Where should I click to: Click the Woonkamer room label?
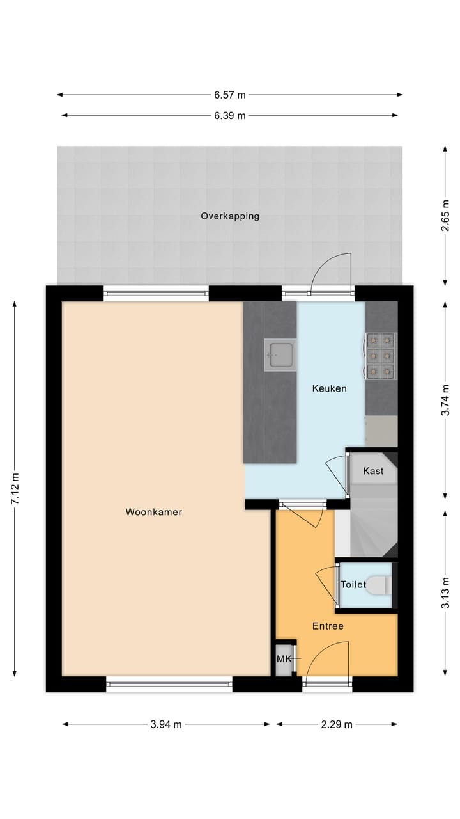pyautogui.click(x=154, y=512)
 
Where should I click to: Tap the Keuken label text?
pyautogui.click(x=329, y=388)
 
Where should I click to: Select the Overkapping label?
pyautogui.click(x=230, y=216)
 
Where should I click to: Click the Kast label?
pyautogui.click(x=373, y=471)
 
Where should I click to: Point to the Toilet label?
pyautogui.click(x=353, y=585)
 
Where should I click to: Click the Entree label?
pyautogui.click(x=328, y=626)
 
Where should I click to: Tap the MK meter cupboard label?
pyautogui.click(x=283, y=659)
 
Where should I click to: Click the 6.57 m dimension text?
pyautogui.click(x=230, y=95)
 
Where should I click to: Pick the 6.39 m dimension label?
pyautogui.click(x=230, y=116)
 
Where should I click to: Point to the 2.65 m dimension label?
pyautogui.click(x=445, y=216)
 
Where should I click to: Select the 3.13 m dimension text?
pyautogui.click(x=445, y=596)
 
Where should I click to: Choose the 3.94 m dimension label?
pyautogui.click(x=166, y=724)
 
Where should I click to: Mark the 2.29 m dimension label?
pyautogui.click(x=337, y=724)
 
